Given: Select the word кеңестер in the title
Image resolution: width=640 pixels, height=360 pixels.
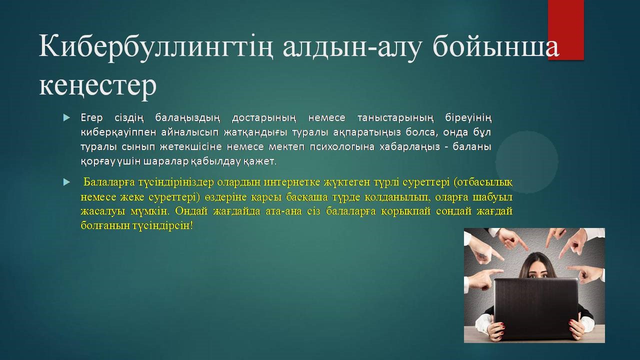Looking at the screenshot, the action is (97, 85).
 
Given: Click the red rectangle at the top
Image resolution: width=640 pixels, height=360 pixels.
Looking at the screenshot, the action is (566, 29).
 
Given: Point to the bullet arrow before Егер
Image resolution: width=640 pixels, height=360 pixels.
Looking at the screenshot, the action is (66, 117).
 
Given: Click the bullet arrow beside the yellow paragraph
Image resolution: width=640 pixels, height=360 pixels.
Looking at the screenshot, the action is (66, 182).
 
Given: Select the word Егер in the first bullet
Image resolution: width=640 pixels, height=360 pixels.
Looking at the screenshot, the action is (91, 118).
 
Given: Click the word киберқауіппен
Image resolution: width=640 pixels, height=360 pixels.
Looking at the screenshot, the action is (118, 132).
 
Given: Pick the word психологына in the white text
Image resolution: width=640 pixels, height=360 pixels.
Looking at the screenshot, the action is (342, 147).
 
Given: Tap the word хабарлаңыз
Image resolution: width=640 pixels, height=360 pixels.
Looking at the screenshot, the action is (409, 147).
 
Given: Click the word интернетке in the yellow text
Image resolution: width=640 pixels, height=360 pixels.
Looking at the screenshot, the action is (291, 182).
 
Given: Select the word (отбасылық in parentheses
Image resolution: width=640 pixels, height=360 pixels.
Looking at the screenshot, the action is (483, 182).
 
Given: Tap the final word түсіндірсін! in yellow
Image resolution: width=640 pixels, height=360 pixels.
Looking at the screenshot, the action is (162, 225).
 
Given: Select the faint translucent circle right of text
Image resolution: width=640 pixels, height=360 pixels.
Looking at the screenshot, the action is (527, 162).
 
